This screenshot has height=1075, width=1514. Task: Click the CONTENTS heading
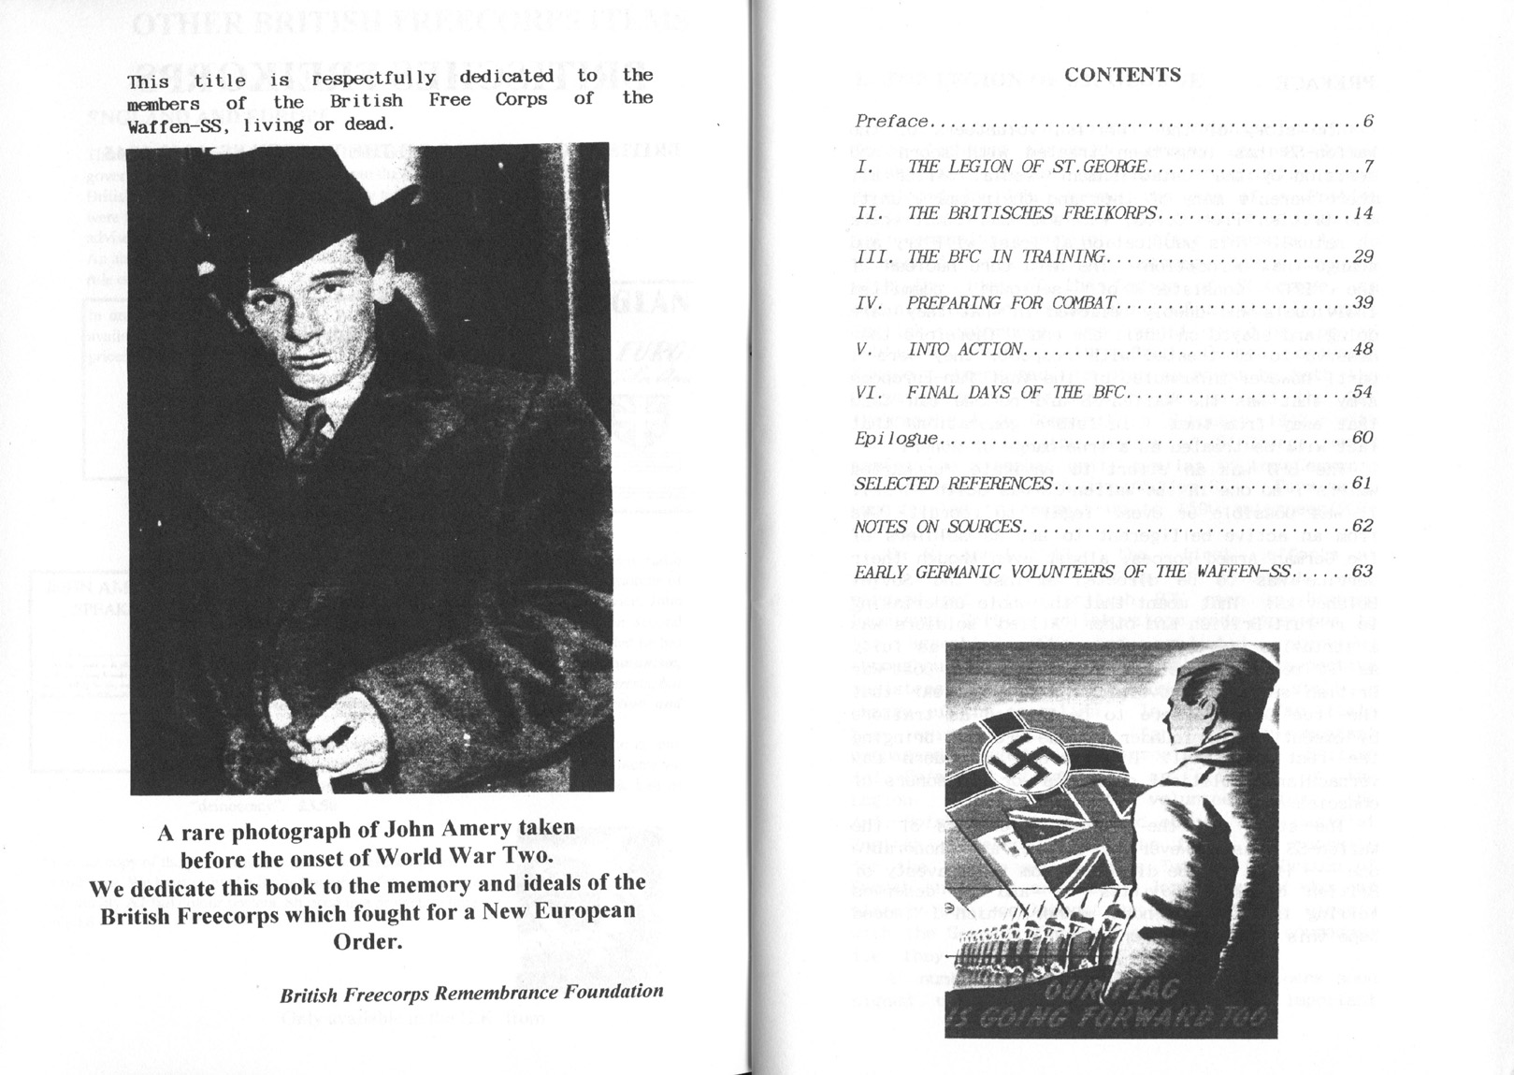click(1122, 75)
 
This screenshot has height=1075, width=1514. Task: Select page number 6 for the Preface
click(1367, 122)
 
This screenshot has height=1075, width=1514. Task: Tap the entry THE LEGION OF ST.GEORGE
click(1027, 167)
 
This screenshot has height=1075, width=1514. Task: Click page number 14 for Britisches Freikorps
click(1363, 213)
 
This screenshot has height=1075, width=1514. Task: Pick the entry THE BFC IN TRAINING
click(1006, 257)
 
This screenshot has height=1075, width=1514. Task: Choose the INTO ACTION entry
click(966, 349)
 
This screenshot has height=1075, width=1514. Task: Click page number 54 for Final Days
click(1363, 393)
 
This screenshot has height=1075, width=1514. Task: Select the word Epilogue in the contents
click(896, 439)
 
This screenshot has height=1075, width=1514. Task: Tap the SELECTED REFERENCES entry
click(953, 484)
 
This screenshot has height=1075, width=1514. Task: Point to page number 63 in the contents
click(1363, 572)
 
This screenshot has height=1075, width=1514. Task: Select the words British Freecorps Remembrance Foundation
click(471, 994)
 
